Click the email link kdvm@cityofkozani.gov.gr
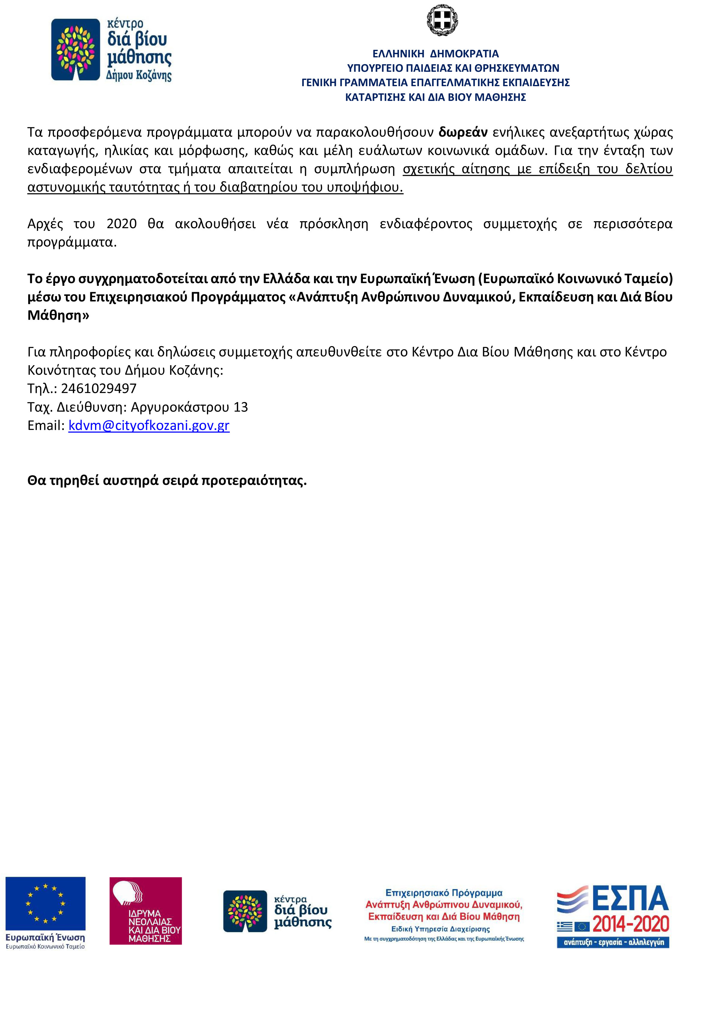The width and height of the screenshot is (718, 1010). pyautogui.click(x=149, y=425)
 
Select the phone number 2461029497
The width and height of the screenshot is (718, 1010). pyautogui.click(x=99, y=389)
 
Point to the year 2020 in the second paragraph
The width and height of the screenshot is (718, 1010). pyautogui.click(x=121, y=224)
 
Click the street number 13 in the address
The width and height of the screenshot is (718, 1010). pyautogui.click(x=241, y=407)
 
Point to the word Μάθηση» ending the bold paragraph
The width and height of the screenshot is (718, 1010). pyautogui.click(x=58, y=316)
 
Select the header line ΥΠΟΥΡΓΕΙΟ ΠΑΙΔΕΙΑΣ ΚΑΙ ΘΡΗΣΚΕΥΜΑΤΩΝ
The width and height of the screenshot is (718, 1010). pyautogui.click(x=453, y=68)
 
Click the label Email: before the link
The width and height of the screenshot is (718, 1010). pyautogui.click(x=46, y=425)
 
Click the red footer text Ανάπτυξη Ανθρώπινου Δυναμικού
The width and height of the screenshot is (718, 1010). pyautogui.click(x=444, y=904)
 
